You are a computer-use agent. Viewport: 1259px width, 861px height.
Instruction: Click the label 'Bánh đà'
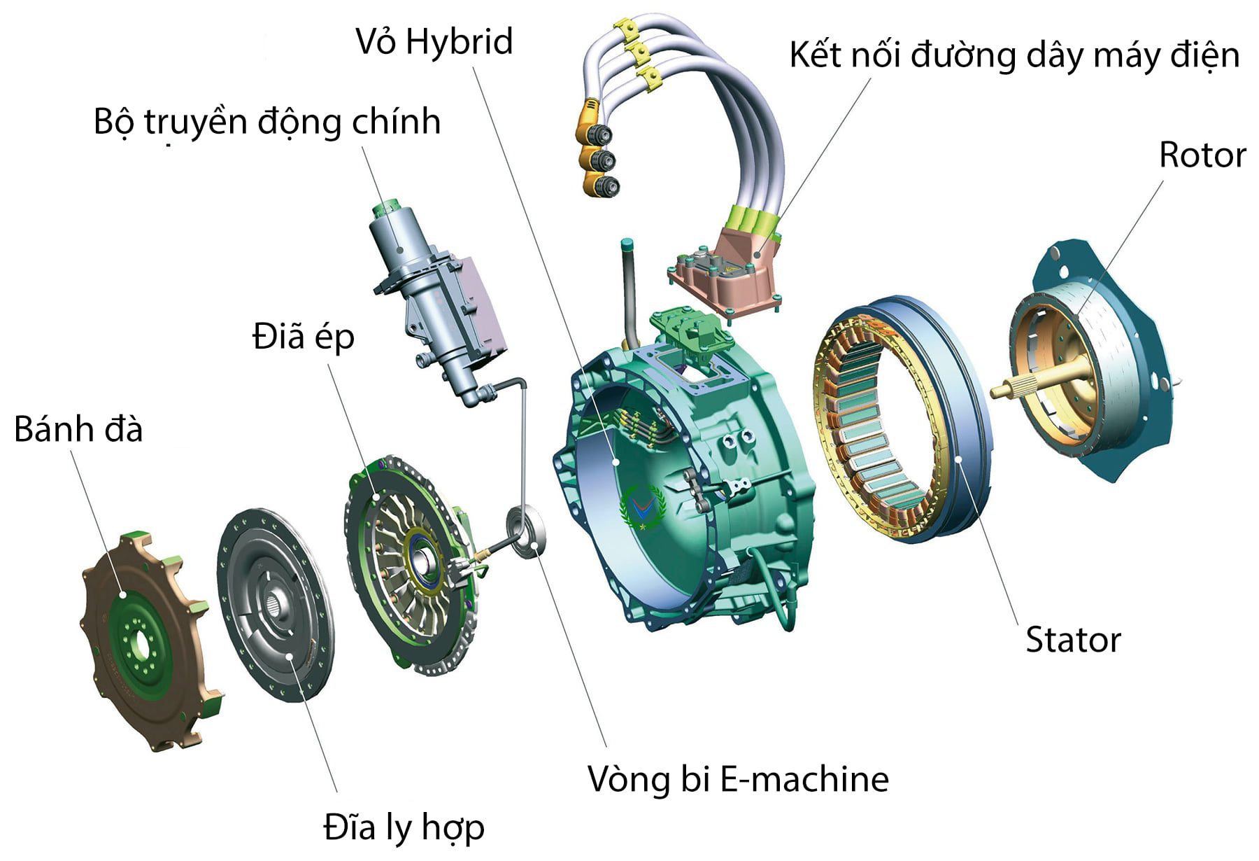pyautogui.click(x=78, y=429)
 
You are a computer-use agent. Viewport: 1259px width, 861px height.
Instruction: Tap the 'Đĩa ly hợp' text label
pyautogui.click(x=404, y=828)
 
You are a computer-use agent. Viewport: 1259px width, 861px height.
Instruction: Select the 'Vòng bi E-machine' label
pyautogui.click(x=738, y=778)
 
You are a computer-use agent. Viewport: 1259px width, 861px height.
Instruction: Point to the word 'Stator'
pyautogui.click(x=1073, y=640)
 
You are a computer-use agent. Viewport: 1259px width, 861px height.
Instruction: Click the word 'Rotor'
pyautogui.click(x=1202, y=155)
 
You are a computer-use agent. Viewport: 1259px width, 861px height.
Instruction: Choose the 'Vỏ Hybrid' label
pyautogui.click(x=434, y=41)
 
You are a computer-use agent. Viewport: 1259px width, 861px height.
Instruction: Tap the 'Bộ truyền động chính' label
pyautogui.click(x=267, y=122)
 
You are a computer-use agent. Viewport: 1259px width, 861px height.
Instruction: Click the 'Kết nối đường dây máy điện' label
pyautogui.click(x=1013, y=55)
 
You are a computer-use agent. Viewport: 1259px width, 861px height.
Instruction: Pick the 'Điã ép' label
pyautogui.click(x=304, y=337)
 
